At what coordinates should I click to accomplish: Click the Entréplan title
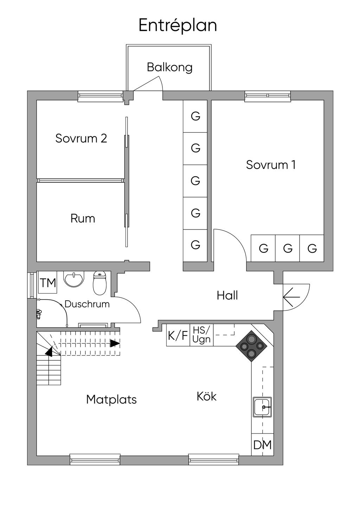pyautogui.click(x=178, y=25)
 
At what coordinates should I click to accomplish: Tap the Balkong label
pyautogui.click(x=169, y=67)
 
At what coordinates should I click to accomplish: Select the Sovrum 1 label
pyautogui.click(x=271, y=165)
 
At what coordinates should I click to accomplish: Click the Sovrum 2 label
pyautogui.click(x=81, y=138)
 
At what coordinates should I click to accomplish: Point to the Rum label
pyautogui.click(x=83, y=218)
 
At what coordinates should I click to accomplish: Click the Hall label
pyautogui.click(x=227, y=295)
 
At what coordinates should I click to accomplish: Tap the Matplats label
pyautogui.click(x=111, y=399)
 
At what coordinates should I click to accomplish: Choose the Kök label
pyautogui.click(x=206, y=397)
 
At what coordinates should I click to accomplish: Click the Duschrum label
pyautogui.click(x=87, y=304)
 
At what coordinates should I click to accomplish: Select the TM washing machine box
pyautogui.click(x=48, y=283)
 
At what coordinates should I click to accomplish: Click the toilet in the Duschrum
pyautogui.click(x=99, y=283)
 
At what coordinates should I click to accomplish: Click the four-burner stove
pyautogui.click(x=252, y=346)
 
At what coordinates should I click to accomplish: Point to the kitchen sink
pyautogui.click(x=262, y=407)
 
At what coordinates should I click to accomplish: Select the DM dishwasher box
pyautogui.click(x=263, y=445)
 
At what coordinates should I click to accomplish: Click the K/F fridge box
pyautogui.click(x=178, y=335)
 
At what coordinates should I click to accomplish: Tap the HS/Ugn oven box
pyautogui.click(x=201, y=335)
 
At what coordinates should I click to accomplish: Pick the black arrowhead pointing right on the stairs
pyautogui.click(x=115, y=343)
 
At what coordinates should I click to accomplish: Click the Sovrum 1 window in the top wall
pyautogui.click(x=268, y=96)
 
